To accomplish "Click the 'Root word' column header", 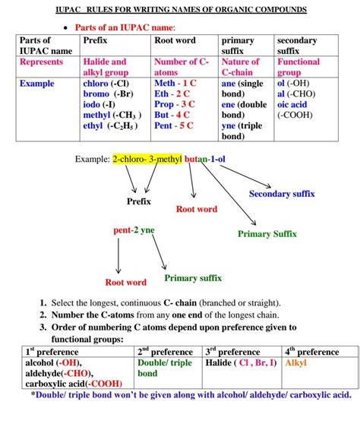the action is click(x=175, y=40).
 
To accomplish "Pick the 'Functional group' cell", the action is click(x=298, y=67).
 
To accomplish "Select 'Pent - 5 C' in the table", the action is click(x=174, y=125).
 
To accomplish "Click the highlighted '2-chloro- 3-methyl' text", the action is click(x=147, y=160).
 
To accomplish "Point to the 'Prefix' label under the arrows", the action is click(x=138, y=201).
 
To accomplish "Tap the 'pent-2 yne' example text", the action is click(x=134, y=229).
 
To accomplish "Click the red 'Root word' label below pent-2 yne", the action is click(x=125, y=283).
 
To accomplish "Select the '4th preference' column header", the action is click(x=311, y=352).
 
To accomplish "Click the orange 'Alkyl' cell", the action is click(x=295, y=363).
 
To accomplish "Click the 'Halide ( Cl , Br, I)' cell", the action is click(x=241, y=363).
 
